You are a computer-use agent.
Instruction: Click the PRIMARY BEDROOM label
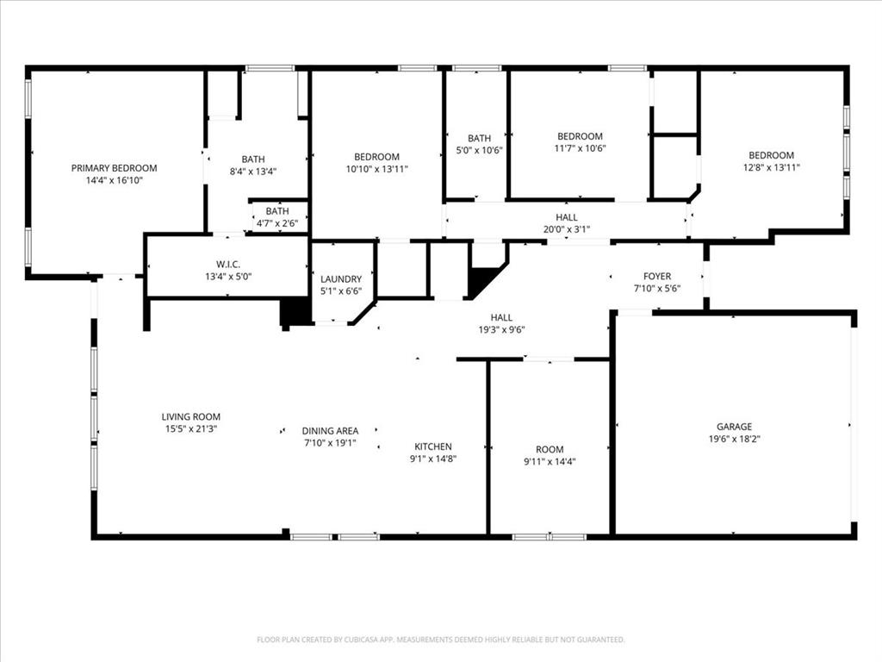114,168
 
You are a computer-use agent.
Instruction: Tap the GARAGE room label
734,427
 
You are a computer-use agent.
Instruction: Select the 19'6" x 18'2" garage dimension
734,439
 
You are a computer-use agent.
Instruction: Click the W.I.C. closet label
227,264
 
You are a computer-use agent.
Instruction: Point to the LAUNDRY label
341,279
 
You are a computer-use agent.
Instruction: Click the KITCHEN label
432,447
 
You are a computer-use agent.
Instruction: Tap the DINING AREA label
330,431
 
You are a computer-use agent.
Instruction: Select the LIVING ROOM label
190,417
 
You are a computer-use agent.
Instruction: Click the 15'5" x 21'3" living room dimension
190,429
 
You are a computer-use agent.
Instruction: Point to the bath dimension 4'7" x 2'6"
277,224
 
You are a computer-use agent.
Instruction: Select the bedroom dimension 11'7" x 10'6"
580,148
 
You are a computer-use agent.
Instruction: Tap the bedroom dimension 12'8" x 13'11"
771,168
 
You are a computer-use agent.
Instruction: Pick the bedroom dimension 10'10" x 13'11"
376,169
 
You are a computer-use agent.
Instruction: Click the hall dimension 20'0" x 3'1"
566,230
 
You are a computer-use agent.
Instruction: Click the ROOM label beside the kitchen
550,449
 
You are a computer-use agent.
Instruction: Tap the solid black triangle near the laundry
481,279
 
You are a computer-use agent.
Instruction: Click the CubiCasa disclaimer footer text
440,640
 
